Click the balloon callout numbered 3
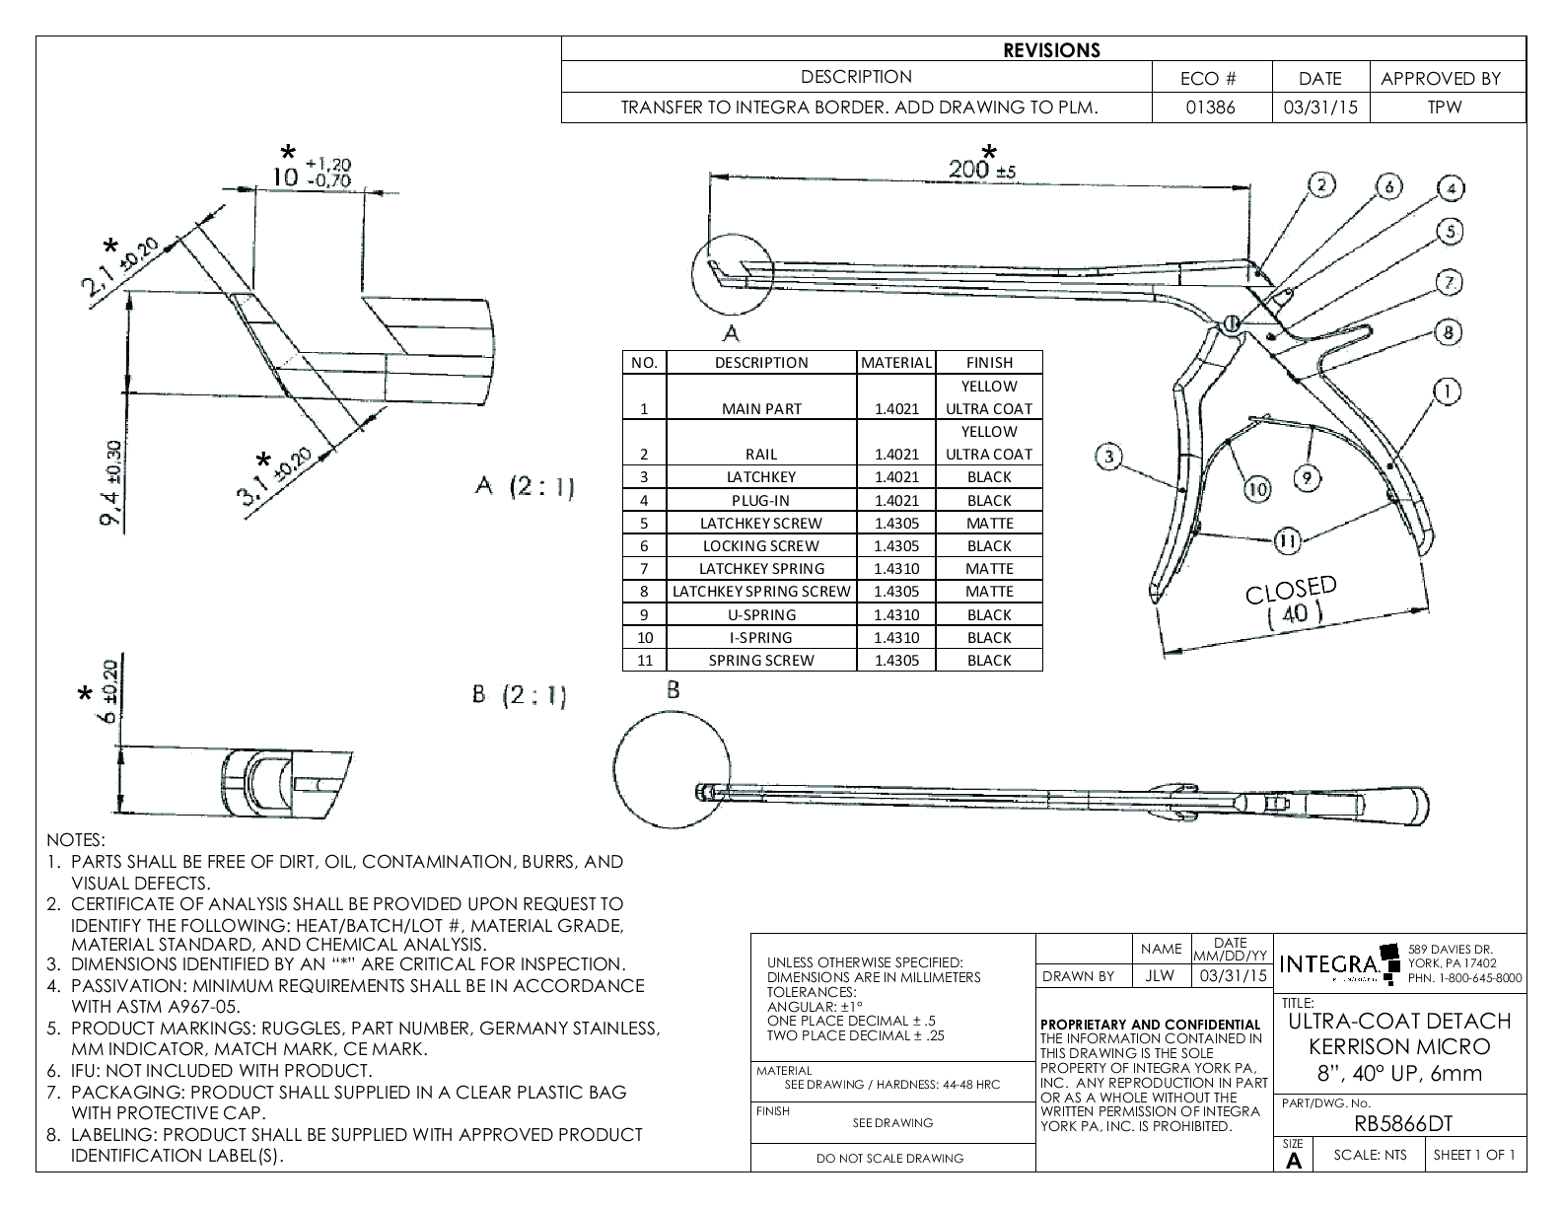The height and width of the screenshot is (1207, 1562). (1109, 456)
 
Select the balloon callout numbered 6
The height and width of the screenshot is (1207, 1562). (1387, 186)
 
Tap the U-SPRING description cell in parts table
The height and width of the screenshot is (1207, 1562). (761, 614)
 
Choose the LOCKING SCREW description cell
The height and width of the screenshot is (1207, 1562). (761, 545)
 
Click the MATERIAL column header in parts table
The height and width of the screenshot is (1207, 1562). (895, 362)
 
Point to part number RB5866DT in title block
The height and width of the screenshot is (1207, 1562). (1400, 1124)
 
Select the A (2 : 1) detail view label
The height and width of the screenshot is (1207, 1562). (525, 487)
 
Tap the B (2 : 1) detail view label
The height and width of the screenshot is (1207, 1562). (520, 696)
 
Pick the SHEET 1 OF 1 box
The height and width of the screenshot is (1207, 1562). (1473, 1155)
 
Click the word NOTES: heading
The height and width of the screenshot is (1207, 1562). (75, 840)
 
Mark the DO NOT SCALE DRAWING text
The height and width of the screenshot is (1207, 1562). (889, 1158)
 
